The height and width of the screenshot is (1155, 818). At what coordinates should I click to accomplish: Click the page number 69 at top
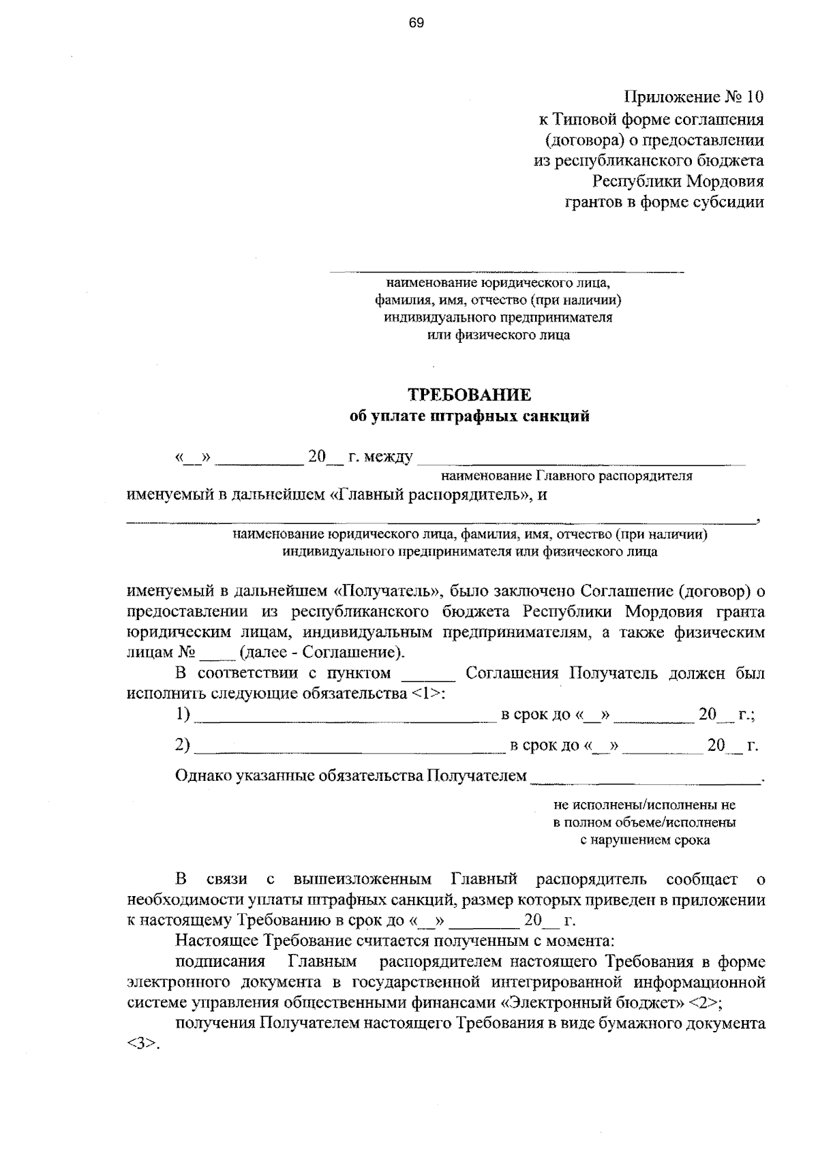416,23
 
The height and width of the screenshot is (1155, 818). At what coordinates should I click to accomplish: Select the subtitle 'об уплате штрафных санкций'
469,417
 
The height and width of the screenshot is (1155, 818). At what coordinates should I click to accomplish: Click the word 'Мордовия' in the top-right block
725,181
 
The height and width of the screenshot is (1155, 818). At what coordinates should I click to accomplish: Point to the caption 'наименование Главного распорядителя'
566,476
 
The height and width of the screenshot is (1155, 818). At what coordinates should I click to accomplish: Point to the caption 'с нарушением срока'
645,840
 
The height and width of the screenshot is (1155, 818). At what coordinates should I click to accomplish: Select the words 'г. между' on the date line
380,457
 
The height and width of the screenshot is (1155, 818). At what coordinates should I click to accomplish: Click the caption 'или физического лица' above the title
498,335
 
